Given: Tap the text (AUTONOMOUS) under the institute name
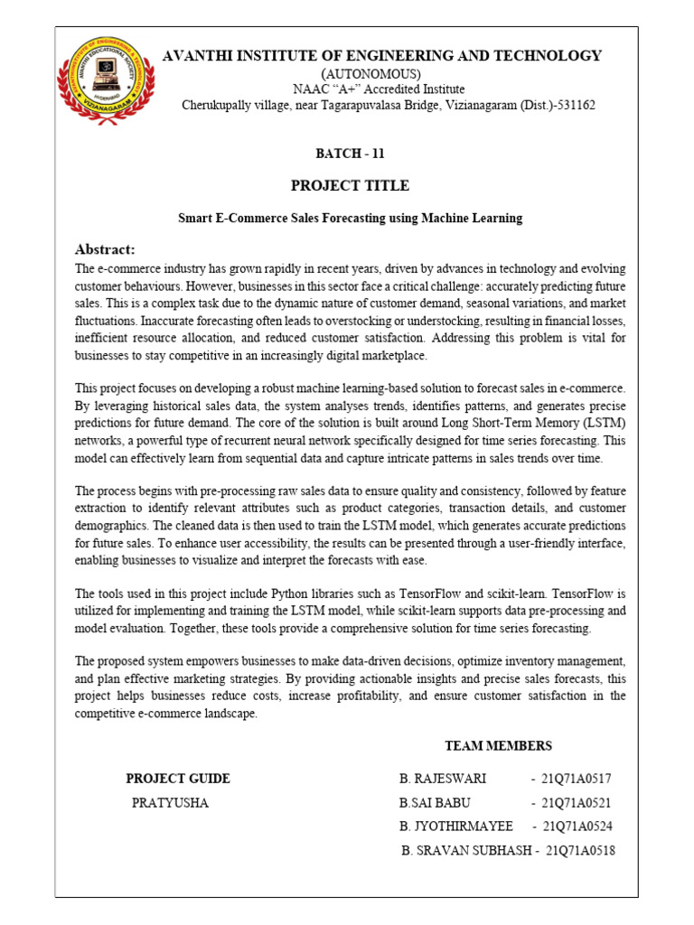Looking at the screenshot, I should [x=371, y=73].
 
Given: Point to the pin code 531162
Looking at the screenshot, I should [x=574, y=106].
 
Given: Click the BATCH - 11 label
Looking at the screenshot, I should [x=350, y=154].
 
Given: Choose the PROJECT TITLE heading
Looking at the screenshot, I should [x=350, y=186].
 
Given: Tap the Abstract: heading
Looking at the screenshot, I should [x=105, y=249].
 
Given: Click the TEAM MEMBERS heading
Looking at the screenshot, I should [x=498, y=746].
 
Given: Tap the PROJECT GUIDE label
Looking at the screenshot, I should [x=178, y=779].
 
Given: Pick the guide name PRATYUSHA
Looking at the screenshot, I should [x=170, y=802].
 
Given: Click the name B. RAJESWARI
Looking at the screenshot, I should [x=443, y=779].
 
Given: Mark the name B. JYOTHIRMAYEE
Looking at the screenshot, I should [x=455, y=827].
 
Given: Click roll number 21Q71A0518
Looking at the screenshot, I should [x=580, y=851].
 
